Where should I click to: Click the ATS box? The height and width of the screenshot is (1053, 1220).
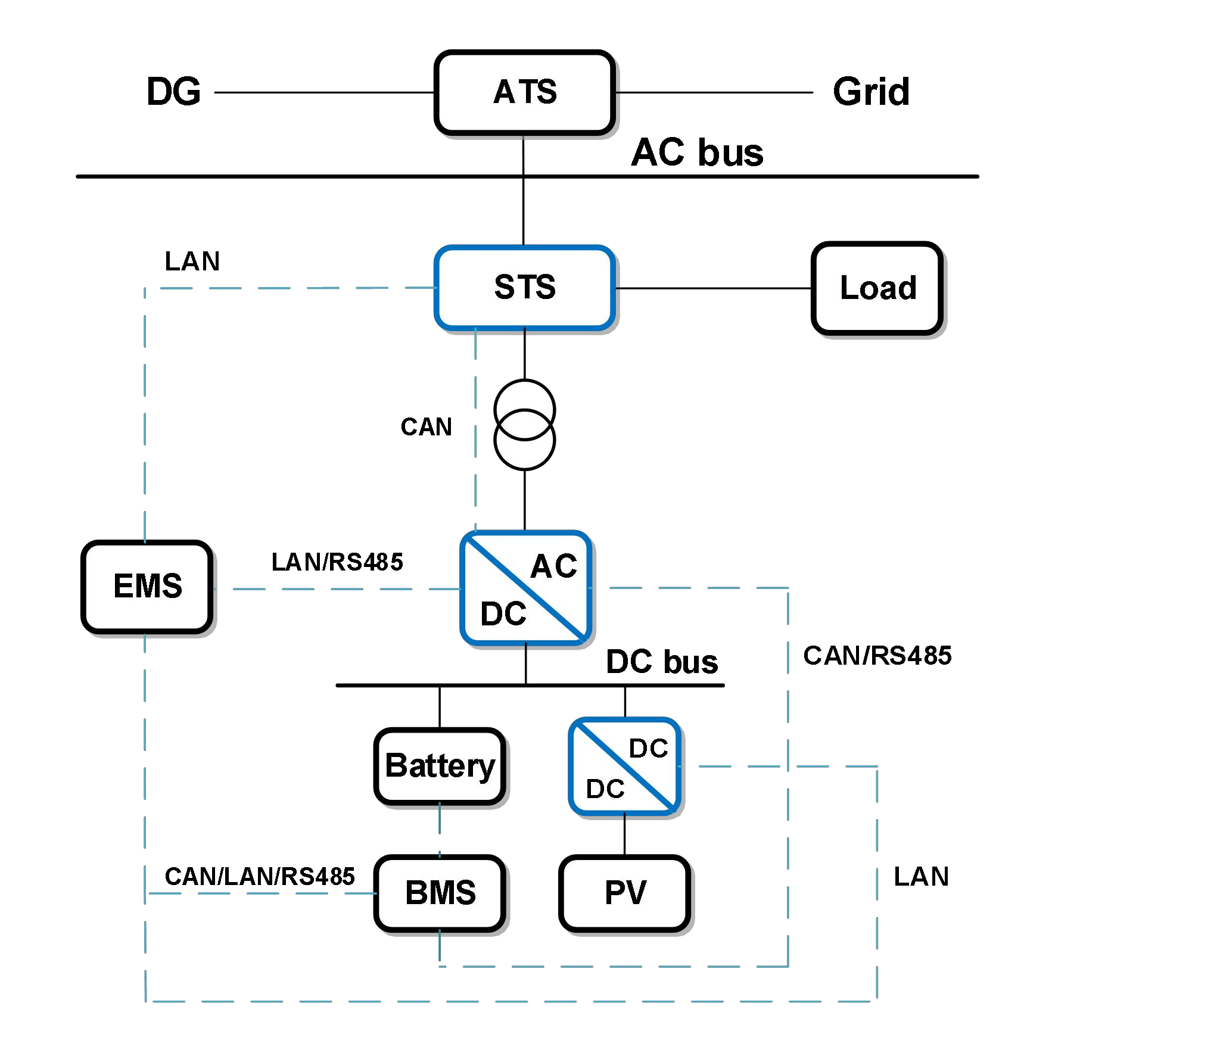524,92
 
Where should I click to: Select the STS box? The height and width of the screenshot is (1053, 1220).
524,287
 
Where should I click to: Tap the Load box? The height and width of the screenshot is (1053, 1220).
877,288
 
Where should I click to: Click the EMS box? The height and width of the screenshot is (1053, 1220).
147,586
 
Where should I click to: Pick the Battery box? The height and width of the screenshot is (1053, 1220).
440,766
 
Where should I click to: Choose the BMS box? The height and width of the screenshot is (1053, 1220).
440,893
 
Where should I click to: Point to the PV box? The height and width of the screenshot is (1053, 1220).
624,893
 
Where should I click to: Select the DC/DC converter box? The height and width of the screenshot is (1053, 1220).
624,767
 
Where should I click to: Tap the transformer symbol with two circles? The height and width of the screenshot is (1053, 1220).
524,425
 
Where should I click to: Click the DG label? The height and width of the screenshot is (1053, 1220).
173,92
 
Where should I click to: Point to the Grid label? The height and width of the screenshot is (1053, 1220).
871,92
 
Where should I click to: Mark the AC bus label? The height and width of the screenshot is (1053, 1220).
697,152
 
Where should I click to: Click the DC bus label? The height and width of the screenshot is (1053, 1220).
662,662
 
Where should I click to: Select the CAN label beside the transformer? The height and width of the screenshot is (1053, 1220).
426,427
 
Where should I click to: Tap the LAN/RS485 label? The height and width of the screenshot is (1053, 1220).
337,562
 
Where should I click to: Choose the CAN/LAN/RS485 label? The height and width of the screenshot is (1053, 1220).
260,877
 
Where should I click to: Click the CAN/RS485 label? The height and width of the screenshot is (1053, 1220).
877,656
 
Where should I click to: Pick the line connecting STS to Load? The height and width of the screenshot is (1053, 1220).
713,288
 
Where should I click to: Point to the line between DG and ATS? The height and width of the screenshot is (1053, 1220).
325,92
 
